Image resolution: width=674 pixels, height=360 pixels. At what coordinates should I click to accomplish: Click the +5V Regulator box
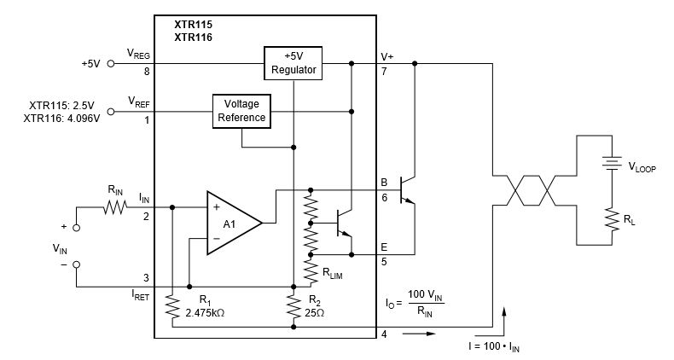(x=293, y=63)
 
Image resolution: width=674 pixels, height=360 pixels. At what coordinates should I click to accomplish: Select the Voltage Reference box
(x=241, y=111)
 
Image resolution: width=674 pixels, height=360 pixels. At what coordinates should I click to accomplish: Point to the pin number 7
(x=385, y=73)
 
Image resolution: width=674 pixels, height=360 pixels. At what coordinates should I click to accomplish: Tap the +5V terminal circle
(x=111, y=63)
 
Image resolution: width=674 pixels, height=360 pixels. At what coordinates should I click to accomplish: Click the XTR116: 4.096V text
(x=62, y=118)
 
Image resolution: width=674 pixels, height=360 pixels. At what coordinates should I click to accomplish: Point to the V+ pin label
(x=386, y=55)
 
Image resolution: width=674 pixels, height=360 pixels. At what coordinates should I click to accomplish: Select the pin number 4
(x=385, y=334)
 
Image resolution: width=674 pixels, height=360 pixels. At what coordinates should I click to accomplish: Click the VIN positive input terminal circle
(x=75, y=228)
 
